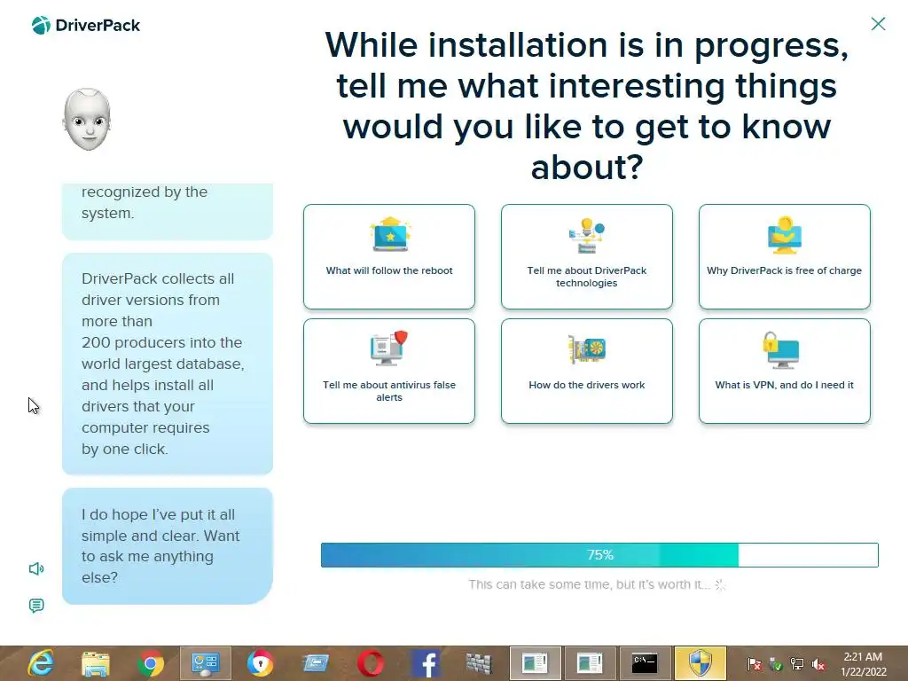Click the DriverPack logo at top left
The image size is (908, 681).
coord(86,26)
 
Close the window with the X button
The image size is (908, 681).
coord(878,24)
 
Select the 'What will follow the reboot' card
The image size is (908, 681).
coord(389,256)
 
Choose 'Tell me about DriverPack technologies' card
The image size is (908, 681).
coord(587,256)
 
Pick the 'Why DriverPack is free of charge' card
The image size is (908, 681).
coord(784,256)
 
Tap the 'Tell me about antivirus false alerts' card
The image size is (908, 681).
coord(389,372)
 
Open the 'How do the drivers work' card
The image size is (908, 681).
coord(587,372)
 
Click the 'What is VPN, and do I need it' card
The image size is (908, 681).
coord(784,372)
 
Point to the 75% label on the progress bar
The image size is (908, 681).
coord(600,555)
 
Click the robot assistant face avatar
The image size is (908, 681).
coord(87,120)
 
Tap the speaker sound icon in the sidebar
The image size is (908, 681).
coord(36,568)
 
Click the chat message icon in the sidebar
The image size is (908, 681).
coord(36,606)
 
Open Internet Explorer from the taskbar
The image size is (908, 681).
coord(41,663)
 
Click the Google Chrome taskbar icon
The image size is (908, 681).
coord(151,663)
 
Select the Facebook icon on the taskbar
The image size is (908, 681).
coord(425,663)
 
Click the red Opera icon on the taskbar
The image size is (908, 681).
coord(370,663)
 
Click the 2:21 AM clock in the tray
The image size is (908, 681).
coord(863,657)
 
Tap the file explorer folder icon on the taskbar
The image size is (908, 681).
coord(96,664)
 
